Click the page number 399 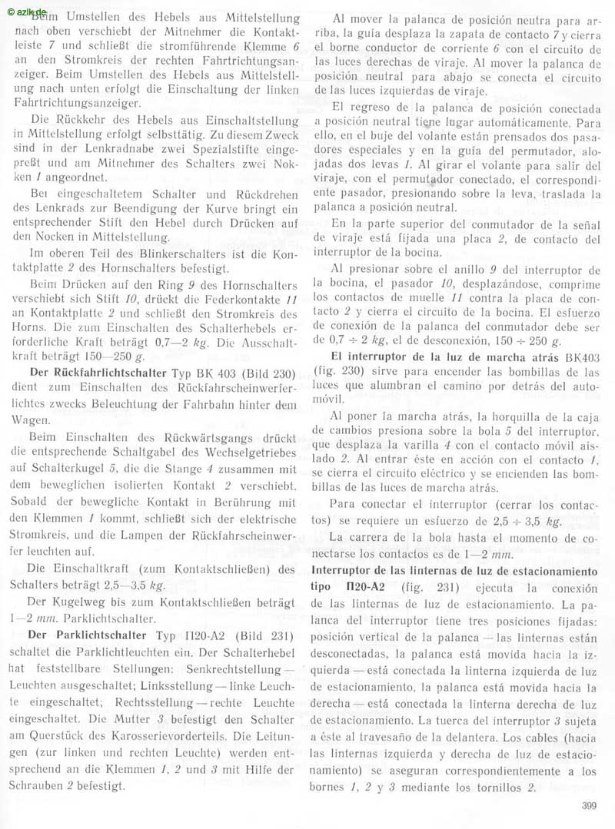tap(587, 807)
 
